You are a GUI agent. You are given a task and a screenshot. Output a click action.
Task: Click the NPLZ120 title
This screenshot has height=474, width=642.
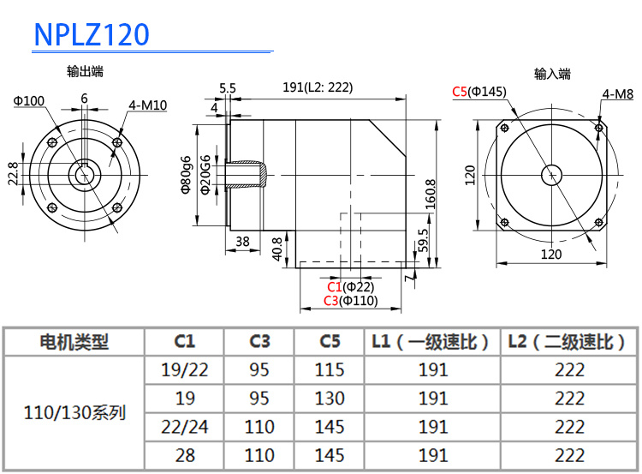click(92, 34)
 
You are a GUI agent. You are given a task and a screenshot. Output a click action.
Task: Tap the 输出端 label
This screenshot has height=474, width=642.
click(85, 72)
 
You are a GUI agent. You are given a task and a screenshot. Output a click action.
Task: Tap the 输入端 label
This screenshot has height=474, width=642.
click(552, 75)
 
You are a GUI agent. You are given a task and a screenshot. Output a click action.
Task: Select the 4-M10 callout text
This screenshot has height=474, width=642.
click(147, 105)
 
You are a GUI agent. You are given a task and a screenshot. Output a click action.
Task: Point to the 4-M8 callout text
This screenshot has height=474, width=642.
click(617, 94)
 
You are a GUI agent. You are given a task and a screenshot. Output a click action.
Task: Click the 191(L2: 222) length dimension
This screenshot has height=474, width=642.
click(318, 87)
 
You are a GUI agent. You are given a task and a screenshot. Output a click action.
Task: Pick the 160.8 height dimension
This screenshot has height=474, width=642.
click(430, 194)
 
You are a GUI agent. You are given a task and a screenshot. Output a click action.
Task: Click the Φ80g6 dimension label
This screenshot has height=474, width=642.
click(186, 175)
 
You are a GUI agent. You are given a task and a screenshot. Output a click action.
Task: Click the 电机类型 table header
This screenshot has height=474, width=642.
click(74, 342)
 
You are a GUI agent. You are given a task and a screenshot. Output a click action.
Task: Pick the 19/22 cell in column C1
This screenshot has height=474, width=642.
click(185, 370)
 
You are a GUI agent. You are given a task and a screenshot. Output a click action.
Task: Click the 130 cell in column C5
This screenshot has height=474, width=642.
click(330, 399)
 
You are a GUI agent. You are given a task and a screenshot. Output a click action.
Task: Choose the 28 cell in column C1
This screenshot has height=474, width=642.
click(185, 454)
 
